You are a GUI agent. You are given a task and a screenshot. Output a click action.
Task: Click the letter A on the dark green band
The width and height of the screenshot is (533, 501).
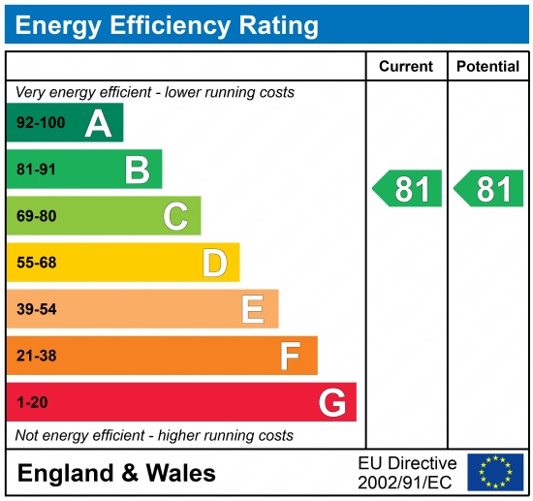[98, 123]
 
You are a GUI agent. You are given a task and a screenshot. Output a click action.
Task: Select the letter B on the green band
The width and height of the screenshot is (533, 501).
[137, 170]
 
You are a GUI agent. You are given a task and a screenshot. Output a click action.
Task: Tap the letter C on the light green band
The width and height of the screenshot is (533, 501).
[175, 216]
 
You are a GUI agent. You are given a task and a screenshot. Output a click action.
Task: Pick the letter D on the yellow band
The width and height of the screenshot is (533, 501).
[214, 263]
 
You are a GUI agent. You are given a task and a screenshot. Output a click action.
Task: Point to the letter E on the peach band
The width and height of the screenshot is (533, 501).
[253, 309]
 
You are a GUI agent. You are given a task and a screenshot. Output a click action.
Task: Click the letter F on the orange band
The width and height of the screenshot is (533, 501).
[291, 356]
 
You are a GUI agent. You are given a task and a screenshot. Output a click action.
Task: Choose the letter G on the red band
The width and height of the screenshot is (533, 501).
[331, 402]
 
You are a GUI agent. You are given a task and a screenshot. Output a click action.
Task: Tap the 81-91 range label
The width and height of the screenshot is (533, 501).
[37, 171]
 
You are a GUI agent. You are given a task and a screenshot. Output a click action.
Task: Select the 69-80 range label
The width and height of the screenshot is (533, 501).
[37, 217]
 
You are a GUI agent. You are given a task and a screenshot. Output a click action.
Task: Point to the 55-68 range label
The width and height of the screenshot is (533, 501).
[37, 264]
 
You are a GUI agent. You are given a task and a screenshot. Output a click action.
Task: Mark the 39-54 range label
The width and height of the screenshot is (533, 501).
[37, 310]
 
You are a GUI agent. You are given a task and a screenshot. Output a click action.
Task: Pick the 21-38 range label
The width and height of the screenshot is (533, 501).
[37, 357]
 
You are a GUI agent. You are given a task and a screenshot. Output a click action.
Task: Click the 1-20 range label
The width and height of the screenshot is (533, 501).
[32, 403]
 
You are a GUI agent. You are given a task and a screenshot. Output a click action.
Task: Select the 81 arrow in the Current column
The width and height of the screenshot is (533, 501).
[408, 189]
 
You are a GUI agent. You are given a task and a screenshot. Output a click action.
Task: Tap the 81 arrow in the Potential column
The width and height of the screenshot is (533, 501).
[489, 189]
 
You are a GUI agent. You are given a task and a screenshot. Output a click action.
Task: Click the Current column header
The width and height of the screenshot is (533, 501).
[406, 67]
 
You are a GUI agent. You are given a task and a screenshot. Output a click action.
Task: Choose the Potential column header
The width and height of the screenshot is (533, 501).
[487, 67]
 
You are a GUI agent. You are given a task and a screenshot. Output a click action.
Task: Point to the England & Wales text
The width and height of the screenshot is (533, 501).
[117, 474]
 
